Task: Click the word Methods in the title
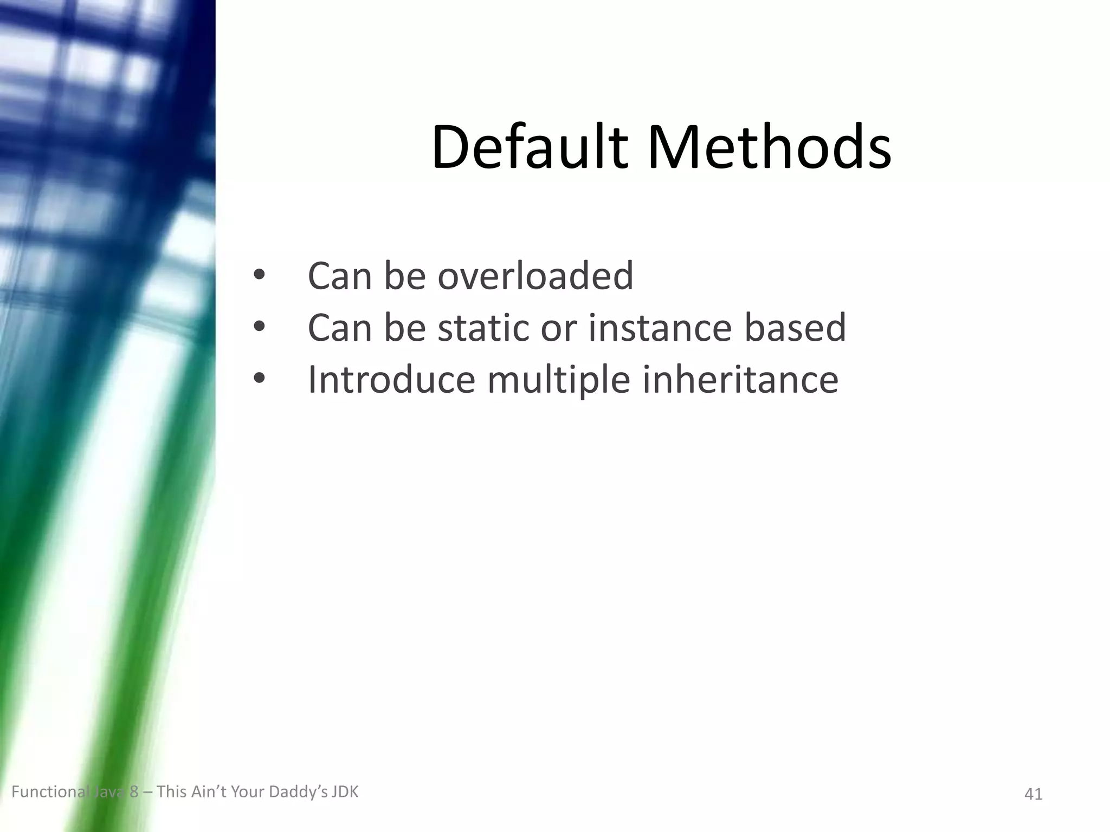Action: click(769, 147)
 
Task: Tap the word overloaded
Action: click(535, 275)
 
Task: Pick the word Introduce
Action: click(391, 379)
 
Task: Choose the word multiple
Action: click(559, 380)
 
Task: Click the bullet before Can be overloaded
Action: click(259, 275)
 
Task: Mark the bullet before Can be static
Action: click(259, 327)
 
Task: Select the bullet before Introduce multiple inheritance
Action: click(259, 379)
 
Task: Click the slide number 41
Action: click(1034, 794)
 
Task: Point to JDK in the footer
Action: click(345, 792)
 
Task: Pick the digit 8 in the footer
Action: click(134, 792)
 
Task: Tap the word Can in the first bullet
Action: click(340, 275)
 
